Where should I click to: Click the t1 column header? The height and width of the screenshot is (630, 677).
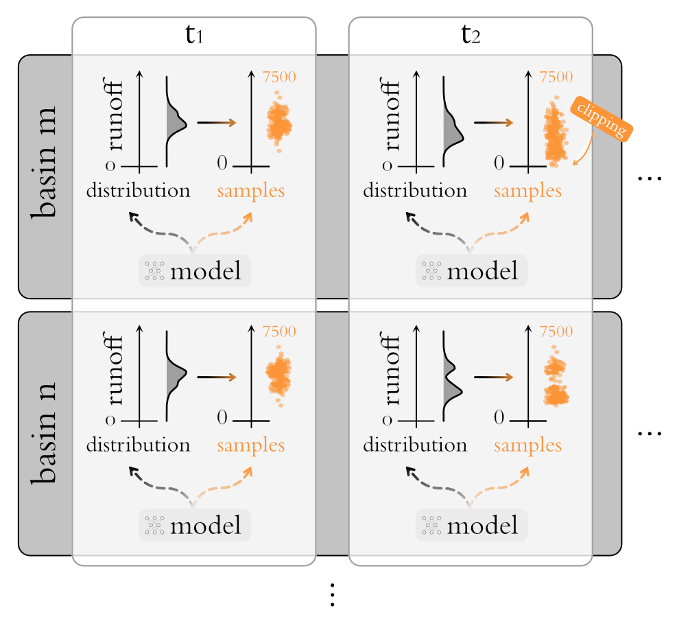click(x=194, y=36)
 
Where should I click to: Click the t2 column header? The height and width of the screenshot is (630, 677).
click(x=471, y=36)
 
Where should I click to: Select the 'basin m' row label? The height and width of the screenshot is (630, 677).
click(x=45, y=177)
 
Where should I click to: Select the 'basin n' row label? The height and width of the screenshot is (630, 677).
click(x=45, y=434)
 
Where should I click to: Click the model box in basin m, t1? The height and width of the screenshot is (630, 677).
click(x=195, y=271)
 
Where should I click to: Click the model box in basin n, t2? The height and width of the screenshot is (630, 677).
click(x=471, y=526)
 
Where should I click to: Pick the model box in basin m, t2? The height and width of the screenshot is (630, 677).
click(x=471, y=271)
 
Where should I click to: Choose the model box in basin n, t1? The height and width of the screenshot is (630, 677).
click(x=195, y=526)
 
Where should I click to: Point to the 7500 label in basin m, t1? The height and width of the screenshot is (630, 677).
click(x=279, y=77)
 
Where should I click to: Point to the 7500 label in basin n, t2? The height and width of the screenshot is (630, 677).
click(x=556, y=332)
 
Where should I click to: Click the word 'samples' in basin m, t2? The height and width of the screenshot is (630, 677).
click(x=527, y=190)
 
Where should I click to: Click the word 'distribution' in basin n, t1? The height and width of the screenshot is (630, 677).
click(x=138, y=445)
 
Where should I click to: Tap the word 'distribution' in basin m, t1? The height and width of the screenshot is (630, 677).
click(x=138, y=190)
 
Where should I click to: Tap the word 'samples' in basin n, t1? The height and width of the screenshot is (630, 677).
click(x=251, y=445)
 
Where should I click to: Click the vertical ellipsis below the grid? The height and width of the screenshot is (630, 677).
click(x=331, y=595)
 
